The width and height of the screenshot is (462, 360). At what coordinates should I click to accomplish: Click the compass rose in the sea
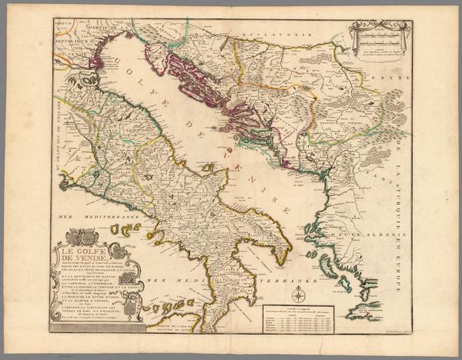coord(297,294)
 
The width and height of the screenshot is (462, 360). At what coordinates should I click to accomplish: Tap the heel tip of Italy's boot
coord(288,254)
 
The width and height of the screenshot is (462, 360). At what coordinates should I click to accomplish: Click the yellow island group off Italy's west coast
coord(124,229)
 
